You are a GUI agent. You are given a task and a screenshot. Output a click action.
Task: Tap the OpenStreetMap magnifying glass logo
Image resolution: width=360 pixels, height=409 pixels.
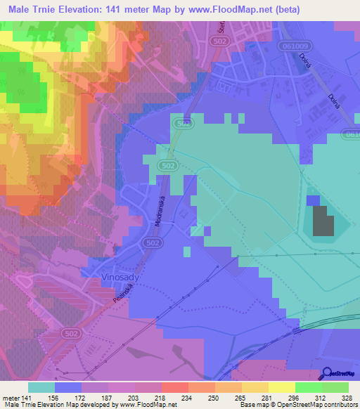(x=328, y=375)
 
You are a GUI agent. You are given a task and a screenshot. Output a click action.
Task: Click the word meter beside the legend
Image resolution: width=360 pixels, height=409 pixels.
(x=11, y=397)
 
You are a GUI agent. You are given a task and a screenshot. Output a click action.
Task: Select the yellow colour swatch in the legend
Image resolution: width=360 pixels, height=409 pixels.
(x=282, y=387)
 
